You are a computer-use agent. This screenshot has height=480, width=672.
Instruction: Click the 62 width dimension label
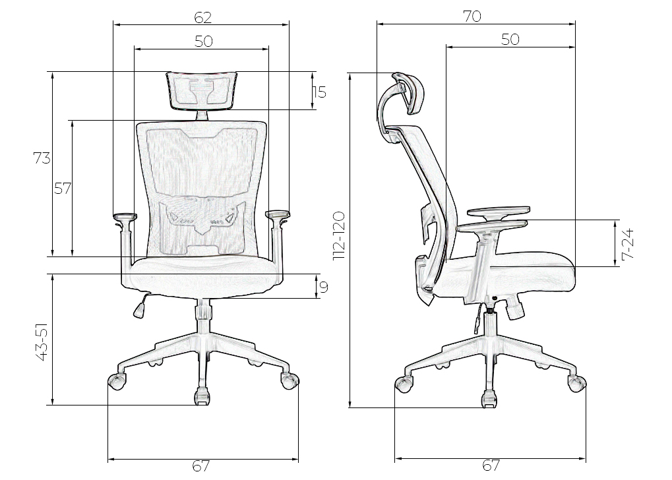pyautogui.click(x=202, y=18)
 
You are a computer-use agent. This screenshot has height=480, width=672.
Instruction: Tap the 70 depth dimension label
pyautogui.click(x=472, y=16)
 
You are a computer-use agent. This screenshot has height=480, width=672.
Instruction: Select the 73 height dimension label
pyautogui.click(x=42, y=158)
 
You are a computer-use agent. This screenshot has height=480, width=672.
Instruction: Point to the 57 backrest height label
pyautogui.click(x=63, y=188)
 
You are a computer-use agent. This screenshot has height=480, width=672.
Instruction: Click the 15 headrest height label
pyautogui.click(x=319, y=92)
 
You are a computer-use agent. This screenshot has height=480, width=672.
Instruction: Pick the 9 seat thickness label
pyautogui.click(x=324, y=287)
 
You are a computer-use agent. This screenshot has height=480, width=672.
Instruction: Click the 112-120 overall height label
pyautogui.click(x=338, y=236)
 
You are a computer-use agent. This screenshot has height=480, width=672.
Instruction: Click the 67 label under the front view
pyautogui.click(x=201, y=465)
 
